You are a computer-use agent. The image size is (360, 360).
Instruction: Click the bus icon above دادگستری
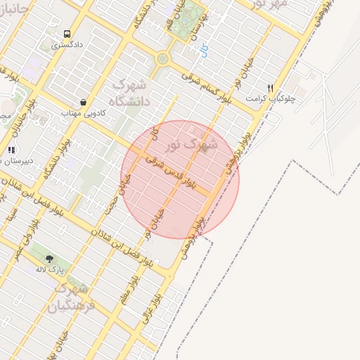coord(67,34)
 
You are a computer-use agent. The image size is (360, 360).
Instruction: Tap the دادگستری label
coord(67,45)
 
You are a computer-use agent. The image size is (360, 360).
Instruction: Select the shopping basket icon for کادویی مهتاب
coord(84,102)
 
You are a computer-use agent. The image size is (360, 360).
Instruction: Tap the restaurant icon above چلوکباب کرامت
coord(270,89)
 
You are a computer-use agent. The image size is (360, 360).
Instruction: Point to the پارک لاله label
coord(51,269)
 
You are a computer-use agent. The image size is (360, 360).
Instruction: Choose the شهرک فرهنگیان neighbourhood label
coord(69,297)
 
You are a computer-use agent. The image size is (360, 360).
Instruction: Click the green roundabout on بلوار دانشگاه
coord(163,58)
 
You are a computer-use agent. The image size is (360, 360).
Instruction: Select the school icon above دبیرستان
coord(11,150)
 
